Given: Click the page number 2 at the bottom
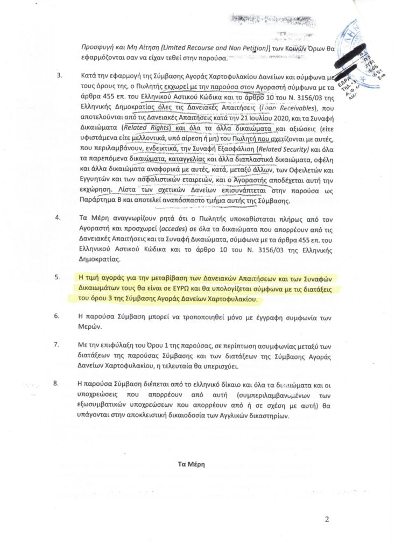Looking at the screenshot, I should [326, 519].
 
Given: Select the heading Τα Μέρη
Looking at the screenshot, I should [192, 463].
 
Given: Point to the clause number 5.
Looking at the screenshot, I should [59, 278].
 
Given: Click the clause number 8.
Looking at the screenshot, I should [59, 384].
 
